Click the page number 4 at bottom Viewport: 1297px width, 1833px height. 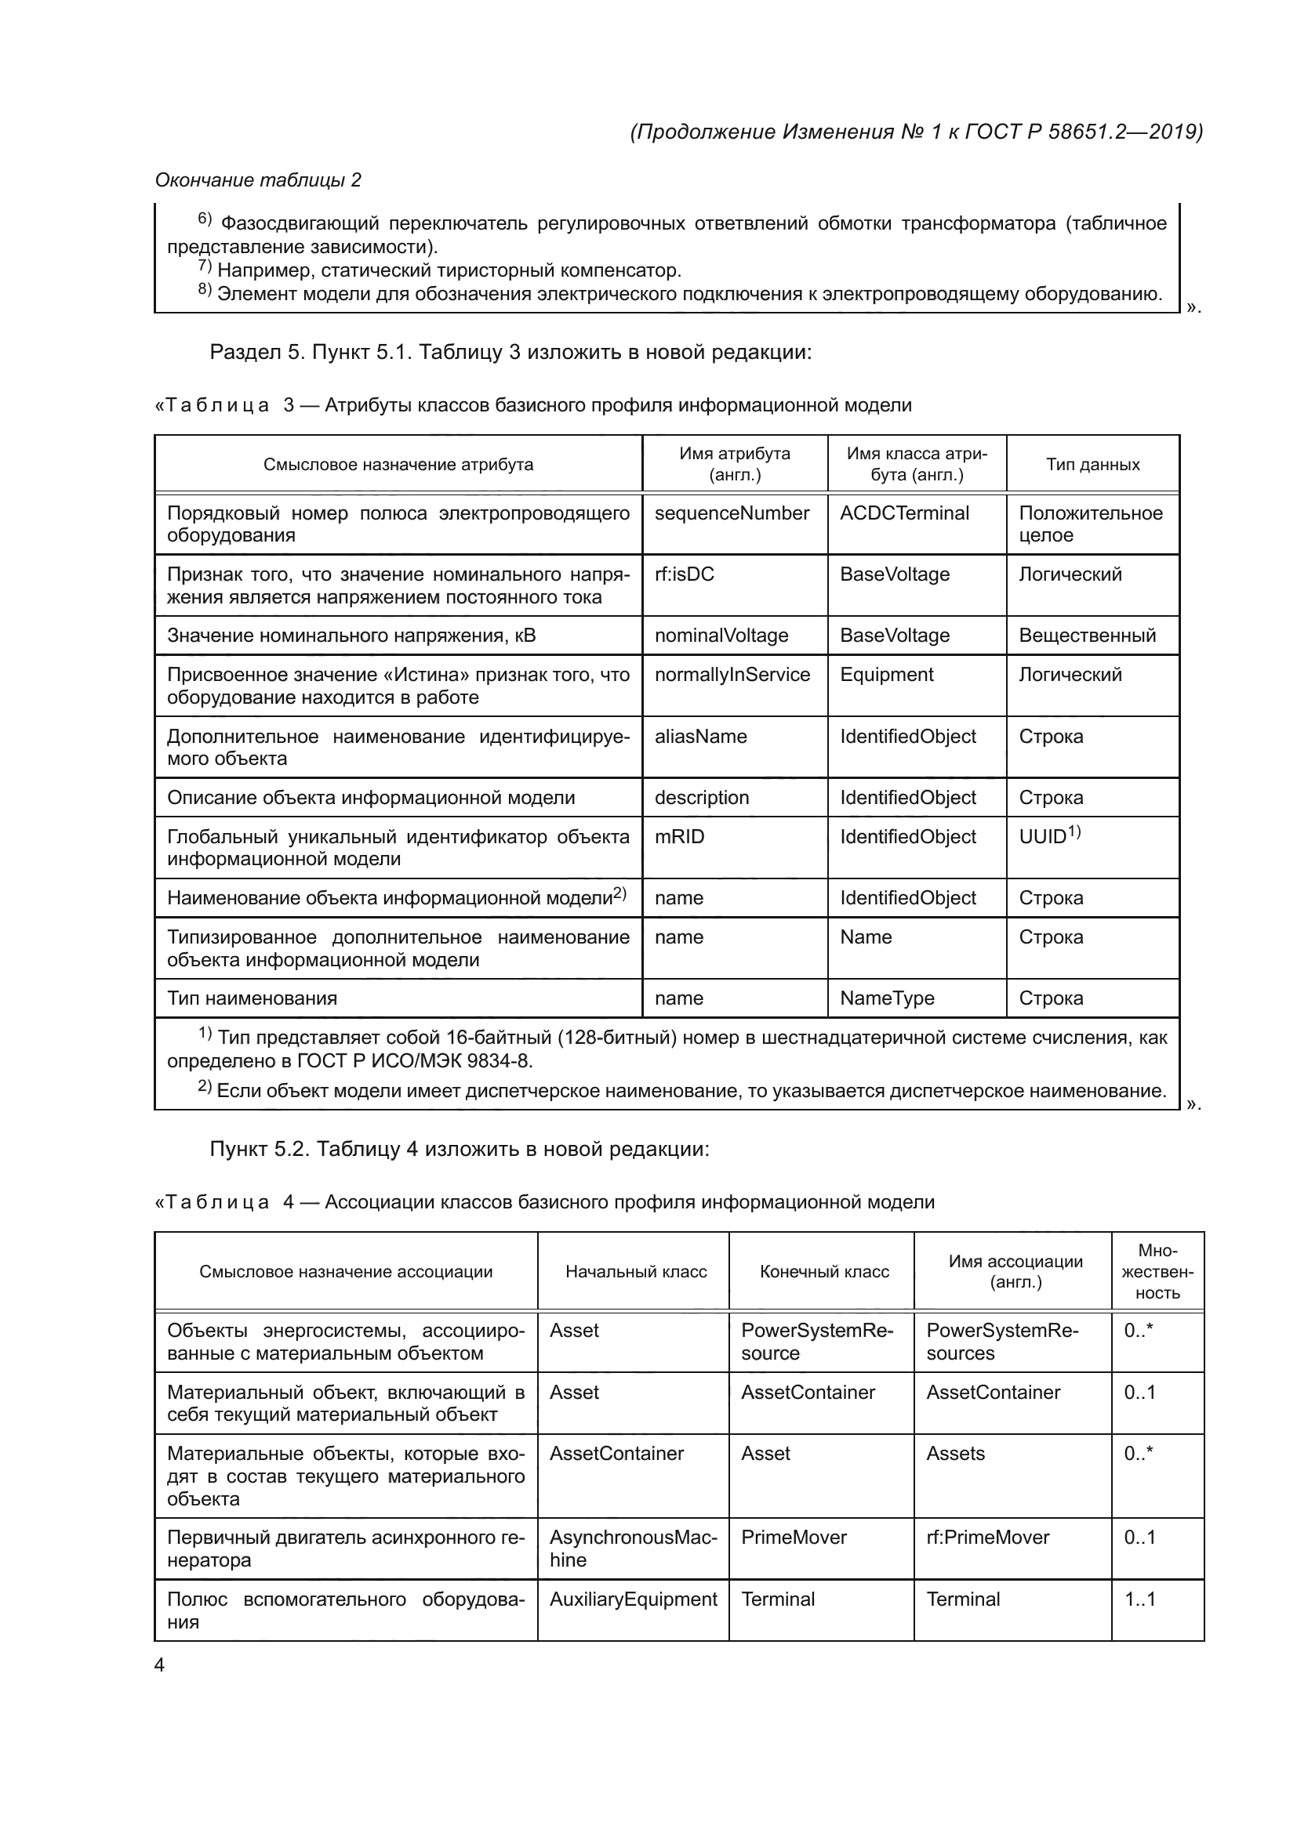[159, 1665]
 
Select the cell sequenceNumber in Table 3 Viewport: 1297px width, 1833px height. [732, 513]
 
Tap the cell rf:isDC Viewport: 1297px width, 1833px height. [685, 574]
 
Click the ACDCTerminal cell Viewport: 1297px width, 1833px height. [904, 513]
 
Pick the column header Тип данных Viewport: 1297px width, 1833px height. [1092, 465]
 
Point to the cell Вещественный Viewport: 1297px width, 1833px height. [1087, 636]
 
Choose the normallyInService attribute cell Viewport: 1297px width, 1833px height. [732, 675]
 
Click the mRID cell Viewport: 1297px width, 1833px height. [680, 837]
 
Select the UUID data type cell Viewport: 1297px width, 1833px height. [1049, 836]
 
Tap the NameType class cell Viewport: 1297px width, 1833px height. [887, 998]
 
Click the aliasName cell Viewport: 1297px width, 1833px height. [700, 736]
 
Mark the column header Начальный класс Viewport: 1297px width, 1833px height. [636, 1272]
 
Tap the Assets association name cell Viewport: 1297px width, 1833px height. [955, 1453]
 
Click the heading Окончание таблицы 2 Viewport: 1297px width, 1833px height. [258, 180]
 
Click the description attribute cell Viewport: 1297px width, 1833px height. [701, 798]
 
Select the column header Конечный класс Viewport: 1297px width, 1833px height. [824, 1272]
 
